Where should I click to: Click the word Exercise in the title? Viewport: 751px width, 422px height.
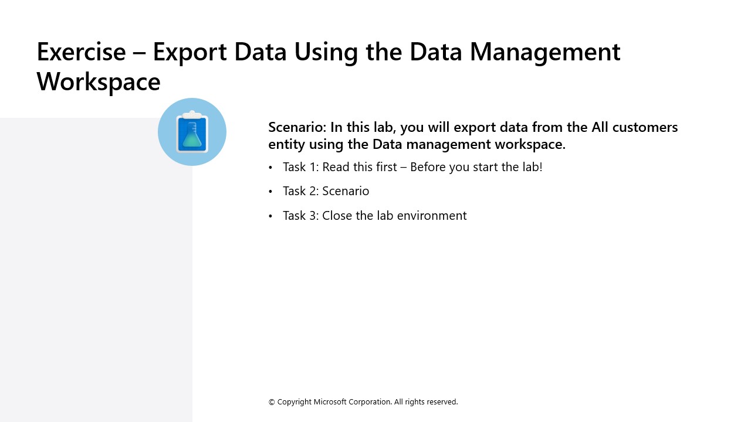81,52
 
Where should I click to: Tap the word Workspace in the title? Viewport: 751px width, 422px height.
99,81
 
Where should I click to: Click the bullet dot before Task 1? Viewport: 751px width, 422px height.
270,168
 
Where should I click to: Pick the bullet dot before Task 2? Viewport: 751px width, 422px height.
270,192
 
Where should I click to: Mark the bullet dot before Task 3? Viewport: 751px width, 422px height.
270,216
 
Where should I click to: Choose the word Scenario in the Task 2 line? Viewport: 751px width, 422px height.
346,191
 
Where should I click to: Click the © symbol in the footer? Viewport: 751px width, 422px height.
272,402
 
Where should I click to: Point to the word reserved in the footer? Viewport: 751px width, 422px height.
441,402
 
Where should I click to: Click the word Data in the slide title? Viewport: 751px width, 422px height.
436,52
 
